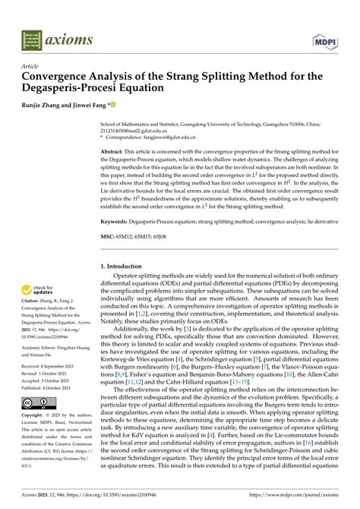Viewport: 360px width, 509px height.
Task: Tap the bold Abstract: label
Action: (113, 153)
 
